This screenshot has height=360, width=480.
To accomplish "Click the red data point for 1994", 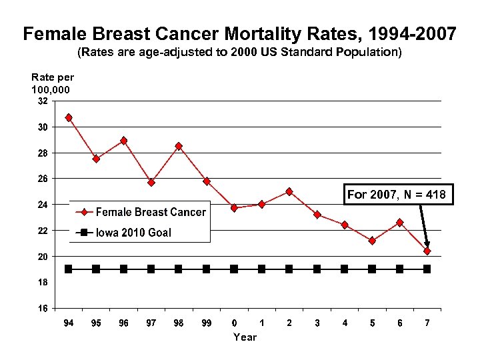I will [x=69, y=117].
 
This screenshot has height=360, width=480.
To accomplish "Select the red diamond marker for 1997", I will [x=151, y=182].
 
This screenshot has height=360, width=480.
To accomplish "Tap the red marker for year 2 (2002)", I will [x=289, y=191].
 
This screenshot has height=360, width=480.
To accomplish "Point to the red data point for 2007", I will [x=427, y=251].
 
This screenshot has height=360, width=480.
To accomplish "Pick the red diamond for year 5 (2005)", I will [x=372, y=241].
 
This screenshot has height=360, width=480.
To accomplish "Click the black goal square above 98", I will [x=179, y=269].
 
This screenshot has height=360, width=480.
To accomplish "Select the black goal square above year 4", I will [x=344, y=269].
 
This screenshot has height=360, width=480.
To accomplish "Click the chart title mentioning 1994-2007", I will [x=239, y=33].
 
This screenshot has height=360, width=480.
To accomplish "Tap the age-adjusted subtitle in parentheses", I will [x=239, y=52].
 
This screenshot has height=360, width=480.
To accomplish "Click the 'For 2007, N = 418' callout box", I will [x=399, y=195].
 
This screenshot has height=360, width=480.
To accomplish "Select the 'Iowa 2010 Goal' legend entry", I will [x=133, y=233].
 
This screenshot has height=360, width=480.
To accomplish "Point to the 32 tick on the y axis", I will [x=42, y=101].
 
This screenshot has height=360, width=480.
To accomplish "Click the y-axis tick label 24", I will [x=42, y=205].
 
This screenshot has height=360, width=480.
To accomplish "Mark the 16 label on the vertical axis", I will [x=42, y=309].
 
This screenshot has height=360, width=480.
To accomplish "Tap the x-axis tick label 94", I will [x=68, y=323].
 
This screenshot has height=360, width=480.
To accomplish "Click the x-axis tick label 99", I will [x=206, y=323].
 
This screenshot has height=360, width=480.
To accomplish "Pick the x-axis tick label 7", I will [x=427, y=323].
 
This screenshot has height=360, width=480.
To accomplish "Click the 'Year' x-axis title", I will [x=245, y=337].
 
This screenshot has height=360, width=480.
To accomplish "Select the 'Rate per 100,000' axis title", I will [x=52, y=83].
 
